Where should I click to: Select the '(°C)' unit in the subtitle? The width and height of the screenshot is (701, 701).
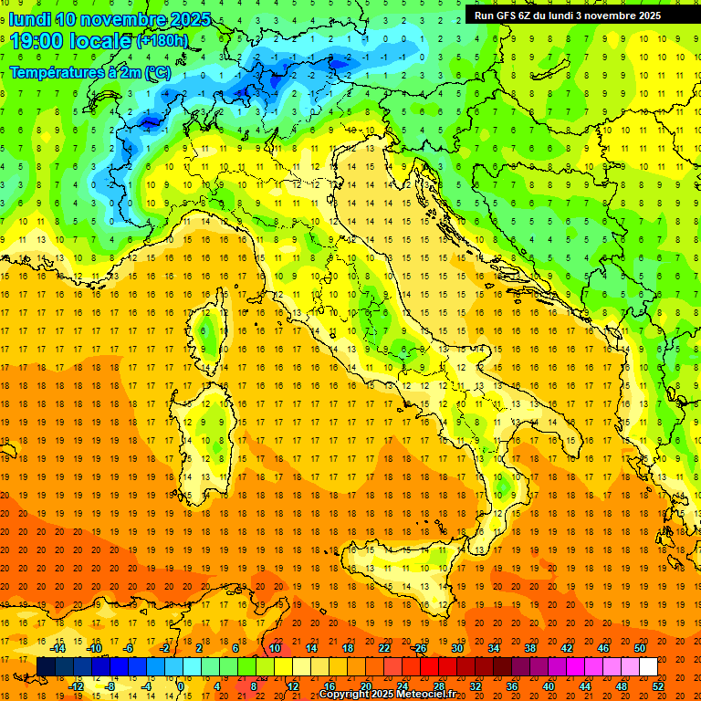(156, 71)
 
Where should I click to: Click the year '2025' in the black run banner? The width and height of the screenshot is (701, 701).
(669, 15)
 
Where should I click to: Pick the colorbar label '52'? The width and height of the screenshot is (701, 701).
(658, 686)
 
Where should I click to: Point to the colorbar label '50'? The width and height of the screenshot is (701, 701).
(640, 648)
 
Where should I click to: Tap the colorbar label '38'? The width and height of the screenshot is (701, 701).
(530, 648)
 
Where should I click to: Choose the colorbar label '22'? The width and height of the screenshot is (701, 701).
(384, 648)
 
